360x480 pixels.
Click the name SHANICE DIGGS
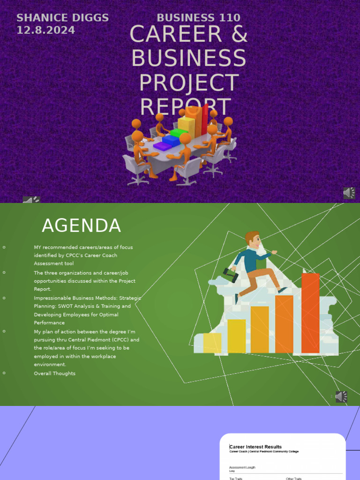[x=62, y=18]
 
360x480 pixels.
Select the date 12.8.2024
[x=45, y=30]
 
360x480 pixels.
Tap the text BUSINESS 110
[x=198, y=18]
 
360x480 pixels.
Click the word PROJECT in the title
[x=189, y=83]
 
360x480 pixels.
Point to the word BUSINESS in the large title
[x=189, y=58]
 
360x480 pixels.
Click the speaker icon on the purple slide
[x=349, y=193]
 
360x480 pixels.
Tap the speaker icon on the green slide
[x=341, y=397]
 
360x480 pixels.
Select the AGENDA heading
[x=81, y=225]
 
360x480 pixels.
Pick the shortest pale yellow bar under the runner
[x=212, y=343]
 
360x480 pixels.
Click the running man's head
[x=253, y=240]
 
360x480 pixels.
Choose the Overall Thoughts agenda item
[x=54, y=374]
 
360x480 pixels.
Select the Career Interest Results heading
[x=255, y=447]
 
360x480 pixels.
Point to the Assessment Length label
[x=242, y=467]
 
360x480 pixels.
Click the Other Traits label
[x=293, y=478]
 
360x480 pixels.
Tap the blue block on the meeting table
[x=171, y=140]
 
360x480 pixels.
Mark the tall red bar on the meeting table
[x=205, y=120]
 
